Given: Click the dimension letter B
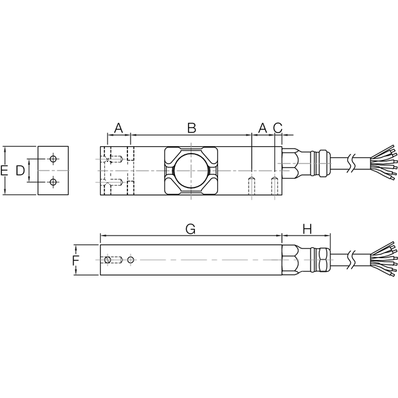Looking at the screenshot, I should pos(192,127).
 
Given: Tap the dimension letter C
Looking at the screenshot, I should pos(278,127).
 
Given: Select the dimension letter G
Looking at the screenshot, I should pos(191,229).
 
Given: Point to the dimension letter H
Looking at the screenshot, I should pos(307,229).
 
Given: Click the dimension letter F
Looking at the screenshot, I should pos(75,260).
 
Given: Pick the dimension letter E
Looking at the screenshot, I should pos(5,171).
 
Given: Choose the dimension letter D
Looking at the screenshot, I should pos(20,171).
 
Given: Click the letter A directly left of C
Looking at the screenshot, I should pos(262,127).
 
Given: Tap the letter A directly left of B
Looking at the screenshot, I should pos(117,127).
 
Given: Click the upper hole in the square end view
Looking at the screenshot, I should pos(53,159).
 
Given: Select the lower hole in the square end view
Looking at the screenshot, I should pos(53,182).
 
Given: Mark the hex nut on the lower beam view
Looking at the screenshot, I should pos(291,259).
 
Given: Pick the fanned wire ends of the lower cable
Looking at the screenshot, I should pos(382,257).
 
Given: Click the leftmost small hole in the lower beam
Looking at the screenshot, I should pos(109,259).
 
